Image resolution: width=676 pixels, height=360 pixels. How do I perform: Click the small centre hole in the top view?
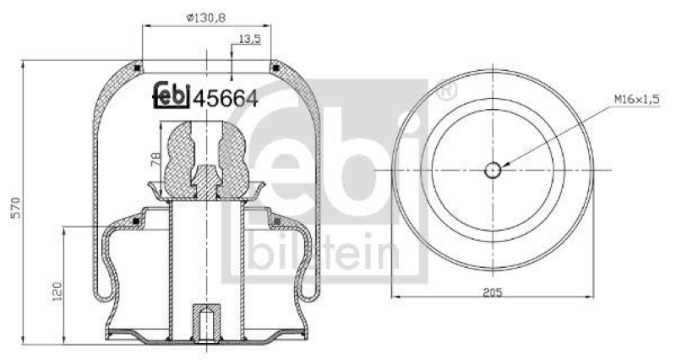(x=493, y=170)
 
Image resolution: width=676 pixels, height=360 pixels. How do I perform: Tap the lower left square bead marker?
(x=135, y=221)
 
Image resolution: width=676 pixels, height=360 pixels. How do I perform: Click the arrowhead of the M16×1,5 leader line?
(x=505, y=164)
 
